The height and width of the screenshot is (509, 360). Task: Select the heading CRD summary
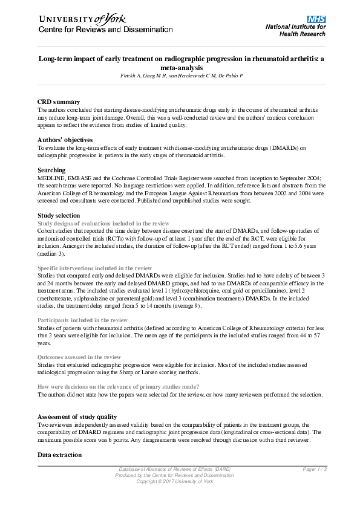click(x=59, y=102)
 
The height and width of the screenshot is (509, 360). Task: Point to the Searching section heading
click(x=51, y=170)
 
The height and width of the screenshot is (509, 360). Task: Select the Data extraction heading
click(x=60, y=454)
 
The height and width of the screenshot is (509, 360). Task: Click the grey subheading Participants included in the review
click(x=83, y=320)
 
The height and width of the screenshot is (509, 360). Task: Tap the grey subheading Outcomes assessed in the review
click(x=79, y=357)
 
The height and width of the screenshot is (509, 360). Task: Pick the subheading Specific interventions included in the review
click(x=94, y=267)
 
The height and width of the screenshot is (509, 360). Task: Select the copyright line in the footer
click(x=174, y=481)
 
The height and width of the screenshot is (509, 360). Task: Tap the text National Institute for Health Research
click(x=295, y=31)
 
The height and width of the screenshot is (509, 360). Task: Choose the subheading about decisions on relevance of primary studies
click(x=119, y=386)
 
